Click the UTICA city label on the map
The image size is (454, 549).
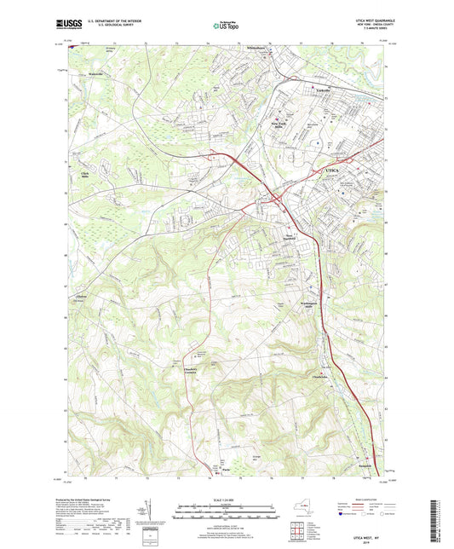333,171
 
